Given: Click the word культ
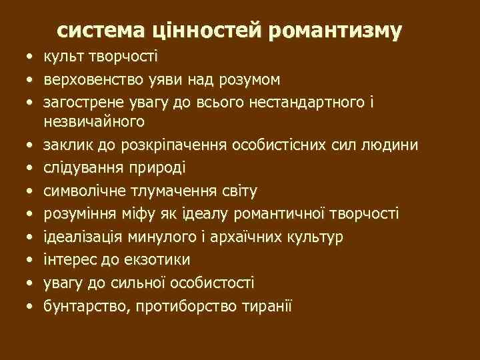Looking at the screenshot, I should point(63,57).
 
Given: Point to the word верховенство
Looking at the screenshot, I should point(89,80).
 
